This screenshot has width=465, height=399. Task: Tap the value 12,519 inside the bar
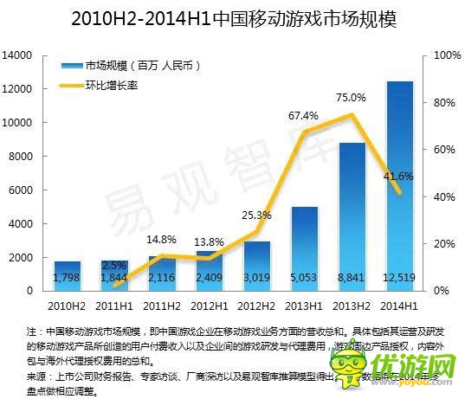coord(399,278)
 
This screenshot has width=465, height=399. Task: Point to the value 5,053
coord(304,278)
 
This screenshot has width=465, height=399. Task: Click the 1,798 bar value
coord(67,278)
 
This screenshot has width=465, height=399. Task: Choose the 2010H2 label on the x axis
coord(68,305)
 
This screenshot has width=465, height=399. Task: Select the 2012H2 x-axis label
coord(257,305)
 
